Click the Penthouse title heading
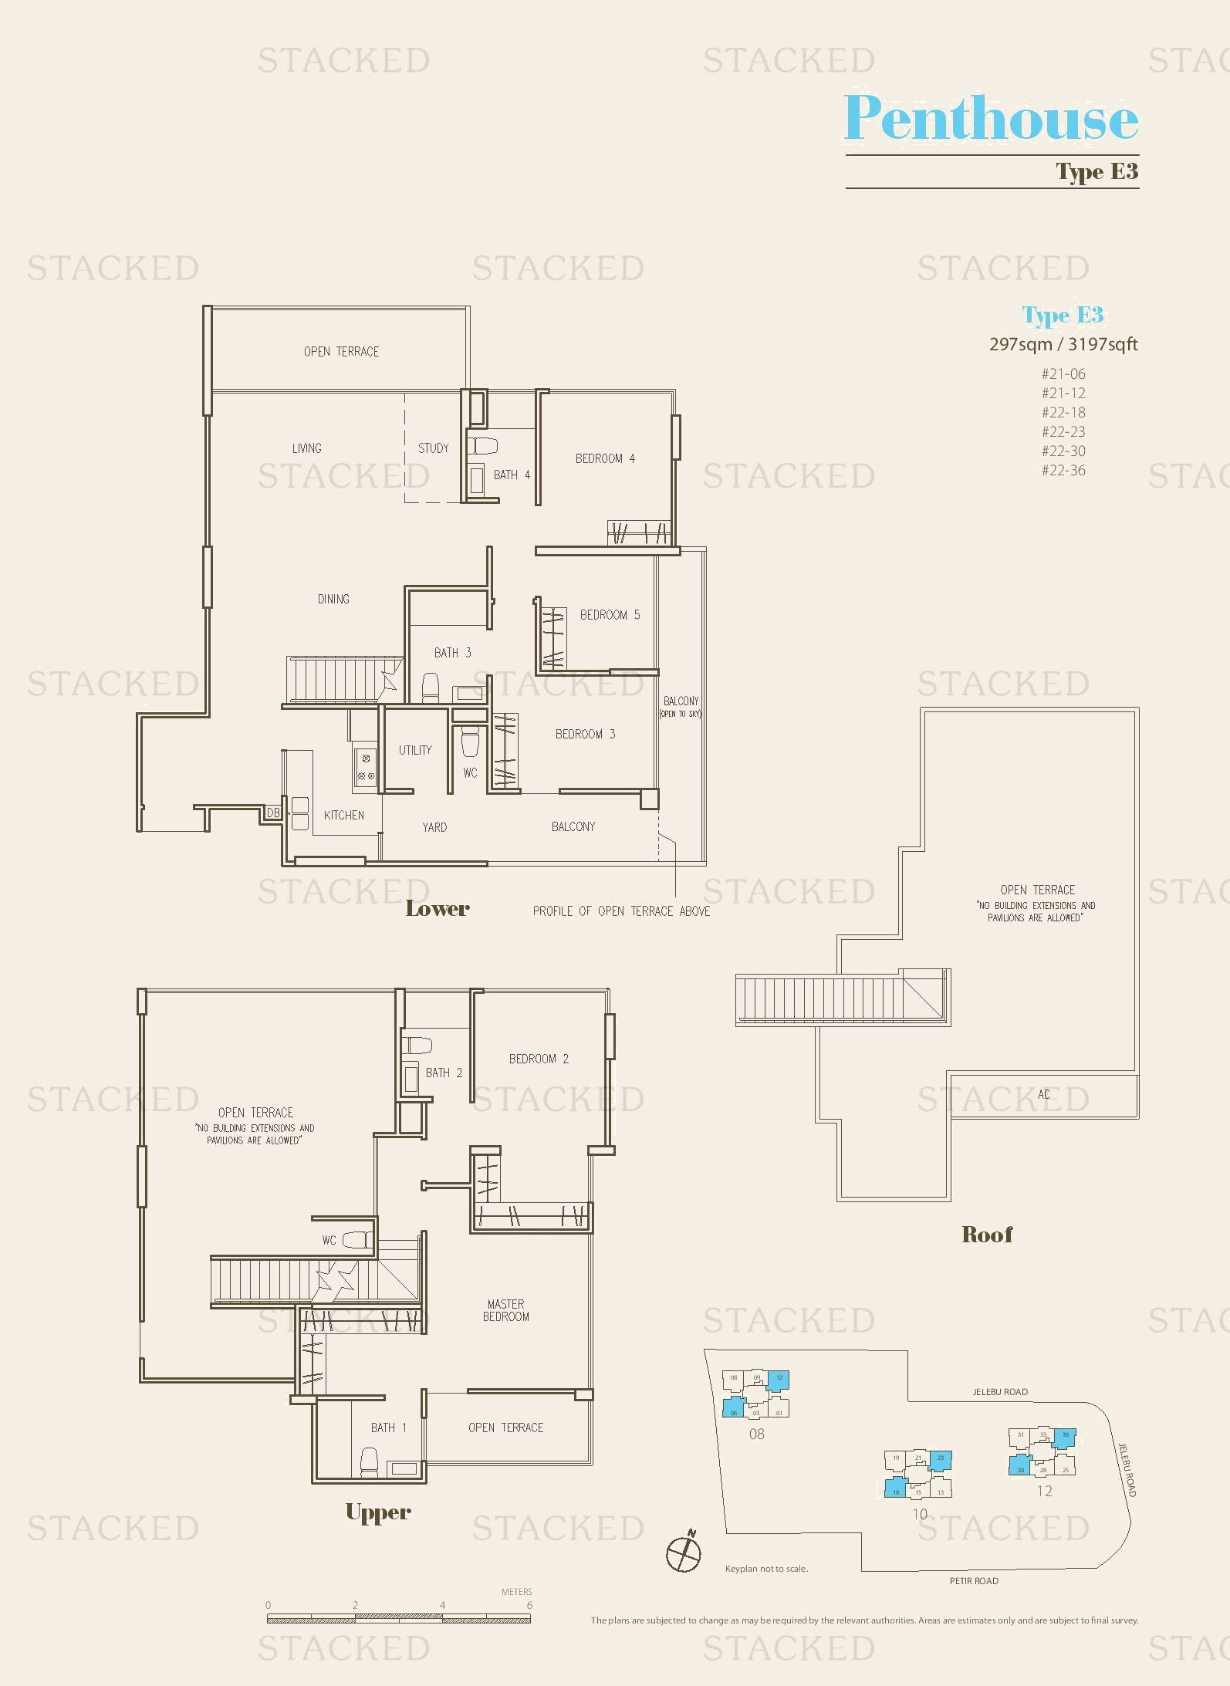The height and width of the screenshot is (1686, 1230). click(x=991, y=118)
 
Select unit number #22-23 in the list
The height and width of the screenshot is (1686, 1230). click(x=1063, y=432)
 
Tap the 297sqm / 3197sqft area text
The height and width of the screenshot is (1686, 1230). click(x=1063, y=345)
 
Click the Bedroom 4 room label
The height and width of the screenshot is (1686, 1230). click(x=605, y=458)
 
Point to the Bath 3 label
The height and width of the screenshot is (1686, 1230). click(x=452, y=653)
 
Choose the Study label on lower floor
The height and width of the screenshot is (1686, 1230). click(x=433, y=448)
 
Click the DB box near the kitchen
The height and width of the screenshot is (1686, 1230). click(x=273, y=813)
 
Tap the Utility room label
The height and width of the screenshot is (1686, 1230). click(x=415, y=750)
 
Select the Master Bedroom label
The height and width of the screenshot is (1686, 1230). click(x=506, y=1310)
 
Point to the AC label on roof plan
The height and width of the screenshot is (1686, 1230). click(x=1043, y=1094)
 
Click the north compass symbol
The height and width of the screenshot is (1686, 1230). click(x=683, y=1553)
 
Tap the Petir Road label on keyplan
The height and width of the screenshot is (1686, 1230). click(x=974, y=1581)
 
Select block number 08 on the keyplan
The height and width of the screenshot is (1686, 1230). click(x=756, y=1434)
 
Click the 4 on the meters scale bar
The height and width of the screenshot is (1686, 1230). click(x=442, y=1605)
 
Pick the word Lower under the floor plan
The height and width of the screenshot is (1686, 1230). click(x=438, y=909)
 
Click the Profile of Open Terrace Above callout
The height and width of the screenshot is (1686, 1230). click(x=621, y=911)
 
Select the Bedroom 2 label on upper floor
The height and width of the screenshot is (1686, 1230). click(x=539, y=1059)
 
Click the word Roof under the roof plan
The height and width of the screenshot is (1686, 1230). click(x=987, y=1235)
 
